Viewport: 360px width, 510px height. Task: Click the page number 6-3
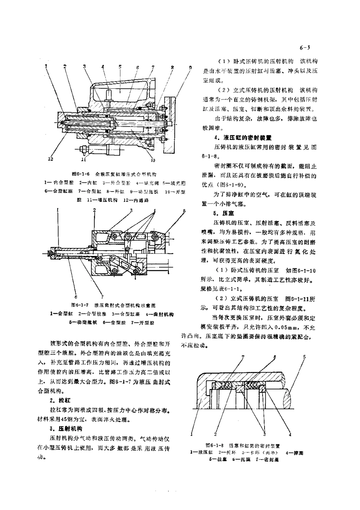coord(305,48)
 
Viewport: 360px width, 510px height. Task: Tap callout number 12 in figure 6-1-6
coord(50,159)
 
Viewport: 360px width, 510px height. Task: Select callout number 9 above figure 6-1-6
coord(190,67)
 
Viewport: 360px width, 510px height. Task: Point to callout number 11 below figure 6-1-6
coord(83,160)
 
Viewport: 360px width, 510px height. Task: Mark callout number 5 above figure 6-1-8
coord(304,357)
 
